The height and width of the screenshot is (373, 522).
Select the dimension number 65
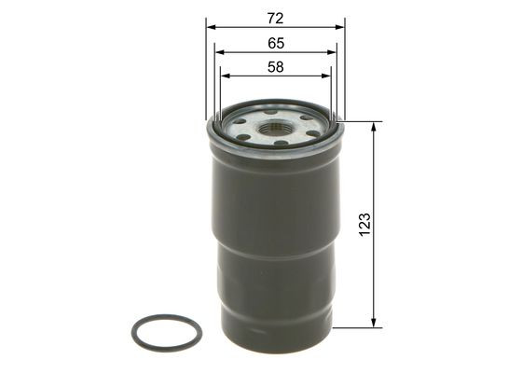click(x=275, y=43)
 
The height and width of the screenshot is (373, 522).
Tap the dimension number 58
click(x=275, y=67)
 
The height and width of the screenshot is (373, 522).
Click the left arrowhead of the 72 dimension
click(x=210, y=27)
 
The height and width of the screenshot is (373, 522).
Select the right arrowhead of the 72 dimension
click(x=340, y=27)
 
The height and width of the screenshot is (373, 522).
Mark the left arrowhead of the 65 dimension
click(x=217, y=52)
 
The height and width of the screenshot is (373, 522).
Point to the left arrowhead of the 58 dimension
click(x=224, y=76)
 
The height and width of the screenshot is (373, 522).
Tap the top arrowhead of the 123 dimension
click(x=374, y=126)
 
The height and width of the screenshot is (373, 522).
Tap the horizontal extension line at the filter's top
click(x=364, y=121)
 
